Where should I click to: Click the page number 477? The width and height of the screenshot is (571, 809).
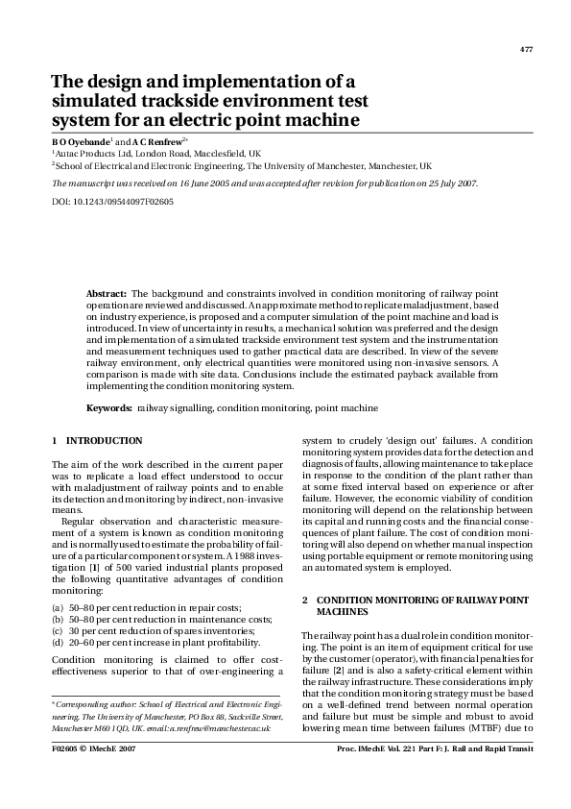525,49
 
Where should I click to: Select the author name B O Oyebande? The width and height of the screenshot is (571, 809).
80,141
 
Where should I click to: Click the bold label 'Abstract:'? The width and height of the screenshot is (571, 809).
107,291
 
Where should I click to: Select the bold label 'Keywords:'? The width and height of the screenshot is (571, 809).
109,408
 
